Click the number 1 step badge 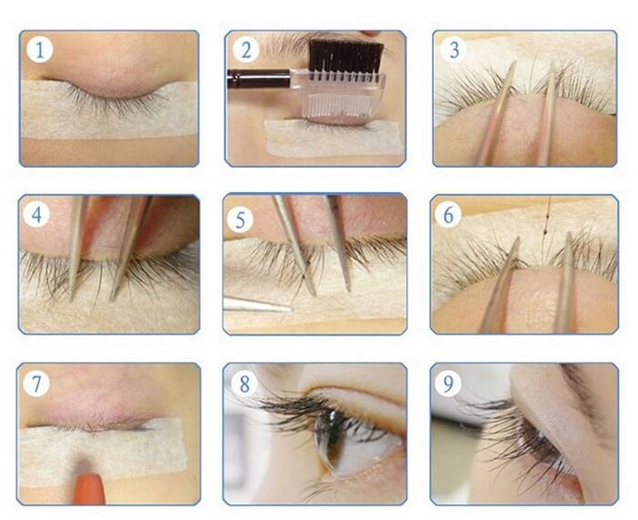pos(39,49)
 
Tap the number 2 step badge pos(246,50)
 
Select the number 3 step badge pos(454,49)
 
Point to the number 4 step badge pos(36,214)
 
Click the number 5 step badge pos(241,219)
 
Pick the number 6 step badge pos(448,214)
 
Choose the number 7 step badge pos(36,383)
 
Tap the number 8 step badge pos(244,383)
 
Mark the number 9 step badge pos(448,383)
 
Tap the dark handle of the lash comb pos(258,77)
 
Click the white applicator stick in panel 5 pos(257,305)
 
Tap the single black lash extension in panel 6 pos(546,228)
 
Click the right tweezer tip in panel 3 pos(552,65)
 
